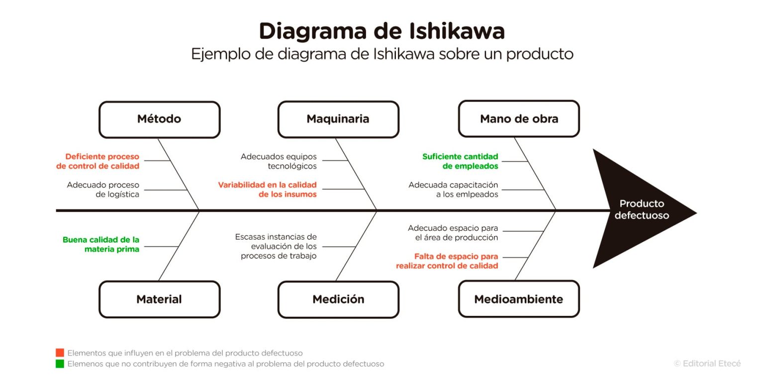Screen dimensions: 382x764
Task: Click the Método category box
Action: [x=159, y=119]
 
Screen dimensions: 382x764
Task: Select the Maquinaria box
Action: [x=338, y=119]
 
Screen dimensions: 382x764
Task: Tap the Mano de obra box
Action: [x=519, y=119]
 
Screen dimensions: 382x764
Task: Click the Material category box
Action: [x=159, y=299]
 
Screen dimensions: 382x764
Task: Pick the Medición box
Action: [x=338, y=299]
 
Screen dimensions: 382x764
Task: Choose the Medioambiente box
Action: [x=519, y=299]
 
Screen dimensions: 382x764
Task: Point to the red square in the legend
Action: [x=60, y=353]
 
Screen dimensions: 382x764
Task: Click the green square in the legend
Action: [x=60, y=364]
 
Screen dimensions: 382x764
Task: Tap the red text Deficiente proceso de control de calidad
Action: [x=98, y=161]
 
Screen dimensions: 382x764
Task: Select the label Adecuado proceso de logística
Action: [x=103, y=190]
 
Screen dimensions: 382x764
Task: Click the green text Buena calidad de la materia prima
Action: [x=101, y=244]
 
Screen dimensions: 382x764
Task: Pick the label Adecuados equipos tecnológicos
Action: [x=279, y=161]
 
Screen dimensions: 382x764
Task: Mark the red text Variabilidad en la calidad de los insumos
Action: [x=268, y=190]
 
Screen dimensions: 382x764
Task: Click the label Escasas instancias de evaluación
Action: [x=276, y=246]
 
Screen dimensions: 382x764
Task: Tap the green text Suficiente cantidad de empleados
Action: [x=460, y=161]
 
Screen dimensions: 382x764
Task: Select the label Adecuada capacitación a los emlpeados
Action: [x=453, y=190]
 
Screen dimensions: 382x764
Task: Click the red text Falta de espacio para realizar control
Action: [x=447, y=261]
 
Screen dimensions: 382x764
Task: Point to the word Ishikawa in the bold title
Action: [x=457, y=31]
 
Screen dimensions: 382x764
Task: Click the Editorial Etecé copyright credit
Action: [x=707, y=364]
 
